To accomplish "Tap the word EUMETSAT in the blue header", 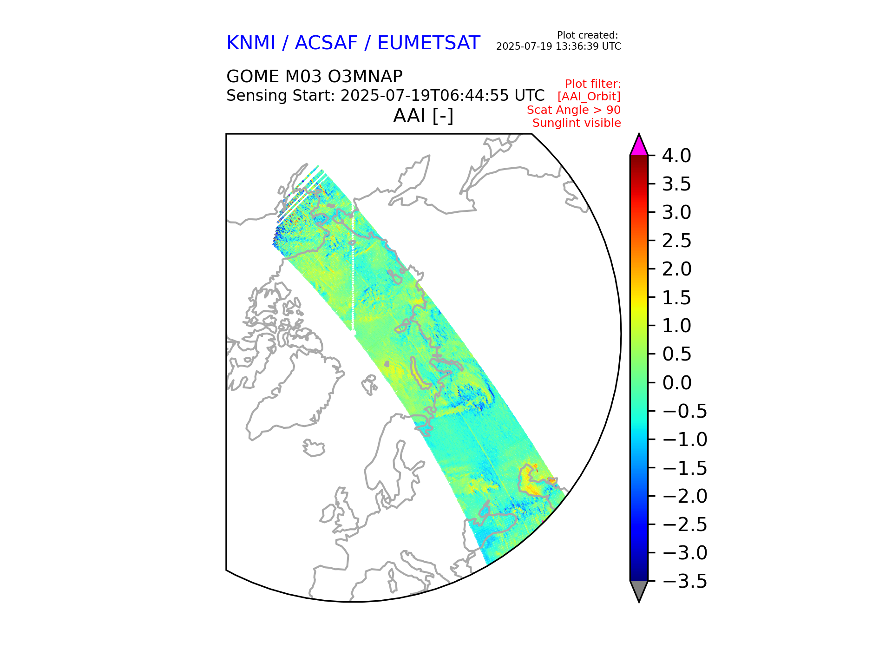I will [x=428, y=43].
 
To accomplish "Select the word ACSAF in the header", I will [x=326, y=43].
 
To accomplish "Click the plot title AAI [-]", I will [x=423, y=116].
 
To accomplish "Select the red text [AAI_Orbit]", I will [x=589, y=97].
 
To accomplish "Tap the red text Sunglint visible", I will [x=576, y=123].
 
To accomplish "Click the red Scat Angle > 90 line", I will [x=573, y=110].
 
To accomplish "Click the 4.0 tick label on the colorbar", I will [x=676, y=156].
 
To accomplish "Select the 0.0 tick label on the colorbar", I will [x=676, y=383].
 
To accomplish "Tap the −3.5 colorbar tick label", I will [x=684, y=581].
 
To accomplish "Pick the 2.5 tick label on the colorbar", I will [x=676, y=241].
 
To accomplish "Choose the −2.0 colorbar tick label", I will [x=684, y=496].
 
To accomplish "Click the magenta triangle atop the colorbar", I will [x=639, y=146].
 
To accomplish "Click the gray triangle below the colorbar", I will [x=639, y=590].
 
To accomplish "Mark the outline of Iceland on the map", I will [x=314, y=448].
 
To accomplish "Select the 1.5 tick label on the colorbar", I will [x=676, y=298].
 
